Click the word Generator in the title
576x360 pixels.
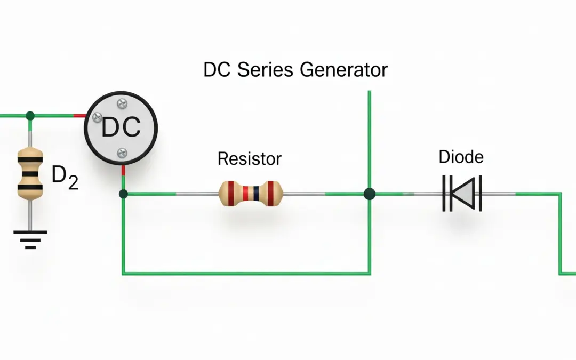343,70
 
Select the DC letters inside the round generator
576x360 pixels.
121,127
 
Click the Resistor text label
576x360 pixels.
249,158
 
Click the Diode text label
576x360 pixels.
461,157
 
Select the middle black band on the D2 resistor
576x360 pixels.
30,174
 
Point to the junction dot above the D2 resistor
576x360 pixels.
30,115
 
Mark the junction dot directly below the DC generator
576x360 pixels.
123,194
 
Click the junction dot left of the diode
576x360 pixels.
369,194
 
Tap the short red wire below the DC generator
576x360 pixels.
123,170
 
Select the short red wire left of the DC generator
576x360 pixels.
79,115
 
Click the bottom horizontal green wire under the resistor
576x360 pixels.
245,273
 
